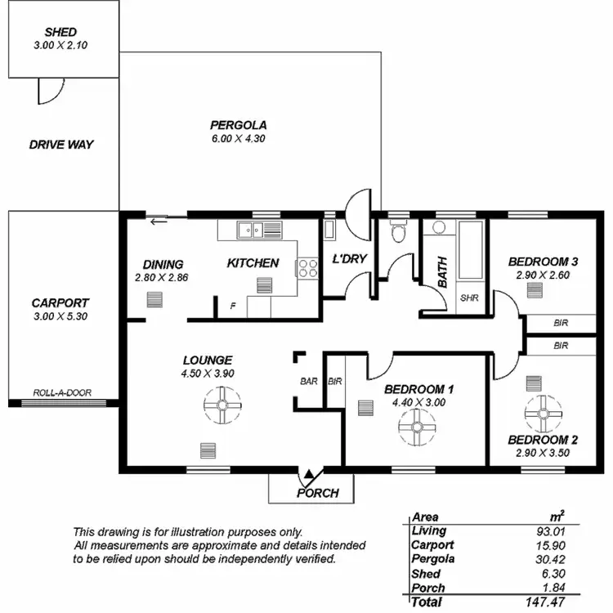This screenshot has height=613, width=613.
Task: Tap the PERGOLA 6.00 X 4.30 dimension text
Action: click(x=238, y=138)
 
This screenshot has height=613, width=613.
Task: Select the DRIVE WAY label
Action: click(x=61, y=145)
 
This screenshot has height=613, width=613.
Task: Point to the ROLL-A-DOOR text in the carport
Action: click(x=62, y=392)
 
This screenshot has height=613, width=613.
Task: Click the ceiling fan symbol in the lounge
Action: click(x=222, y=405)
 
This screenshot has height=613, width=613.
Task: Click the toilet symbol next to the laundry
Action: click(x=398, y=234)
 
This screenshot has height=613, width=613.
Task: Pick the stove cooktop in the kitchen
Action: click(x=306, y=268)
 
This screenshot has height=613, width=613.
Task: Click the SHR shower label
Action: click(x=469, y=298)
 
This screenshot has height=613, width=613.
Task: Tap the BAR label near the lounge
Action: click(x=309, y=381)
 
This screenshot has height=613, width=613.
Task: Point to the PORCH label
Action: click(x=317, y=493)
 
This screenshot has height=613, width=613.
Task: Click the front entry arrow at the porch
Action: click(x=308, y=474)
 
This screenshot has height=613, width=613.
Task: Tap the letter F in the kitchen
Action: click(x=234, y=306)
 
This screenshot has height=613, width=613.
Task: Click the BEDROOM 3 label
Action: click(x=543, y=262)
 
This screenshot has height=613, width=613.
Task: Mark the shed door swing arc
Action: click(x=48, y=92)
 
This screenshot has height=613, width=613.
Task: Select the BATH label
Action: click(x=442, y=271)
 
